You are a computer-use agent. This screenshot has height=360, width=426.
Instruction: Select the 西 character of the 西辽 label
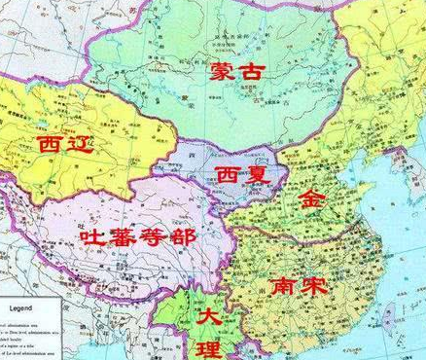(50, 146)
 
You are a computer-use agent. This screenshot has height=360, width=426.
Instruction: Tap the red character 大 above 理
(208, 317)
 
